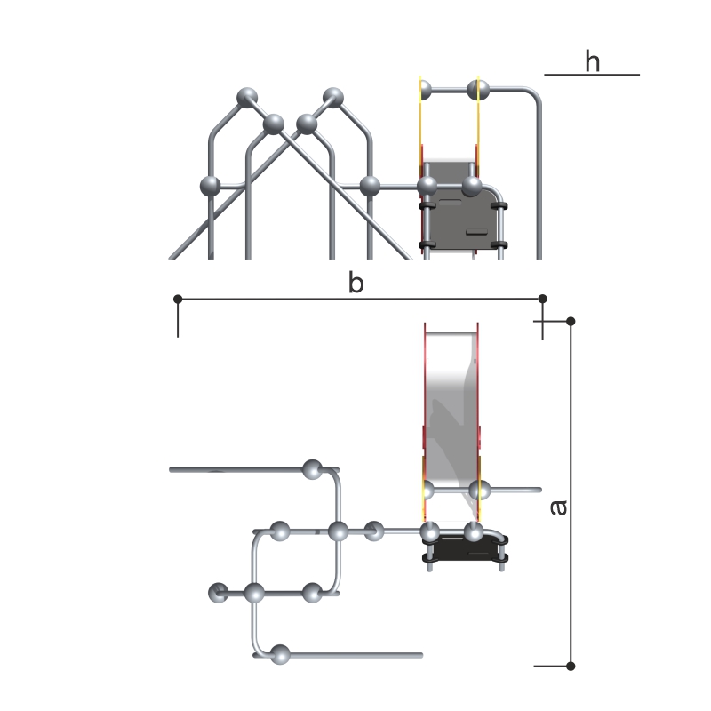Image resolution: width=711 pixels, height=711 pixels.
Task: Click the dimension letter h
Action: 592,61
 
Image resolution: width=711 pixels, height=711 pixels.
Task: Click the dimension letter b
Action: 356,282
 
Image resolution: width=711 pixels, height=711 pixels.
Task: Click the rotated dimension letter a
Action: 559,507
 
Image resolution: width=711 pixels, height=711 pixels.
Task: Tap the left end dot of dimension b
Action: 178,299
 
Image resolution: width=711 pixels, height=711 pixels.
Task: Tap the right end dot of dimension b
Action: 542,299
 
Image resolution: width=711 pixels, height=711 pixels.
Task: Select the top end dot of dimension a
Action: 571,322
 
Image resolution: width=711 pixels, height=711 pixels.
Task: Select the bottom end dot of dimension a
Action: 571,666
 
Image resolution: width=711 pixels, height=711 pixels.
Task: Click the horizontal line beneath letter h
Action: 592,75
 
